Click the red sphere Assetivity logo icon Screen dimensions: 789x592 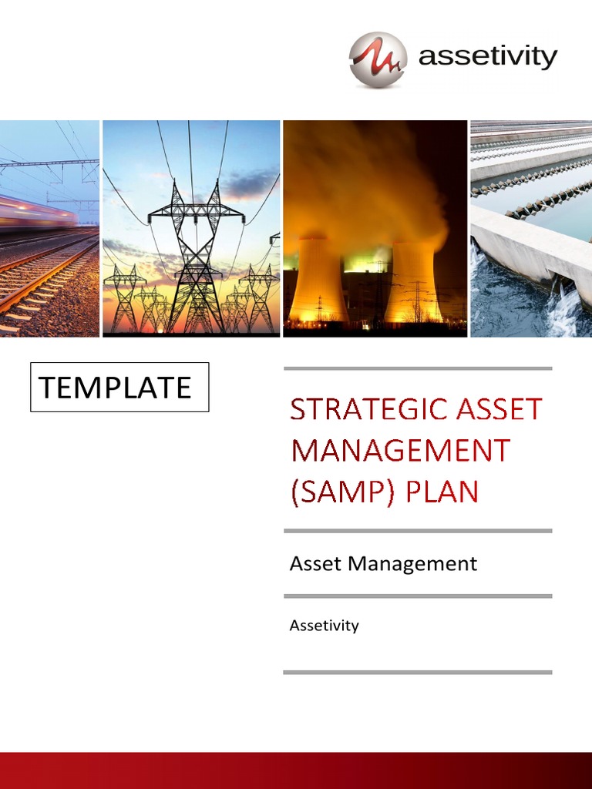pyautogui.click(x=377, y=59)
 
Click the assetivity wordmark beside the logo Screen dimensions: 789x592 pyautogui.click(x=487, y=56)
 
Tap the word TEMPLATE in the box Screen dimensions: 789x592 pyautogui.click(x=115, y=388)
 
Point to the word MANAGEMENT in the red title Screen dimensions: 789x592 pyautogui.click(x=400, y=450)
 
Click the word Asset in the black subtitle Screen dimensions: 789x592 pyautogui.click(x=316, y=564)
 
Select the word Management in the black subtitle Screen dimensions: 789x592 pyautogui.click(x=412, y=564)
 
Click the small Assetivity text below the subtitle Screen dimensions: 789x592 pyautogui.click(x=324, y=626)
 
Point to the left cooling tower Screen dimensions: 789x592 pyautogui.click(x=318, y=281)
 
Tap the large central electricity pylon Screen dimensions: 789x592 pyautogui.click(x=195, y=254)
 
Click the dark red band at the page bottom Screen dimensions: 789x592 pyautogui.click(x=296, y=771)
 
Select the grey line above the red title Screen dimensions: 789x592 pyautogui.click(x=418, y=368)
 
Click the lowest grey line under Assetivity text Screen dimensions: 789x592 pyautogui.click(x=418, y=673)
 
